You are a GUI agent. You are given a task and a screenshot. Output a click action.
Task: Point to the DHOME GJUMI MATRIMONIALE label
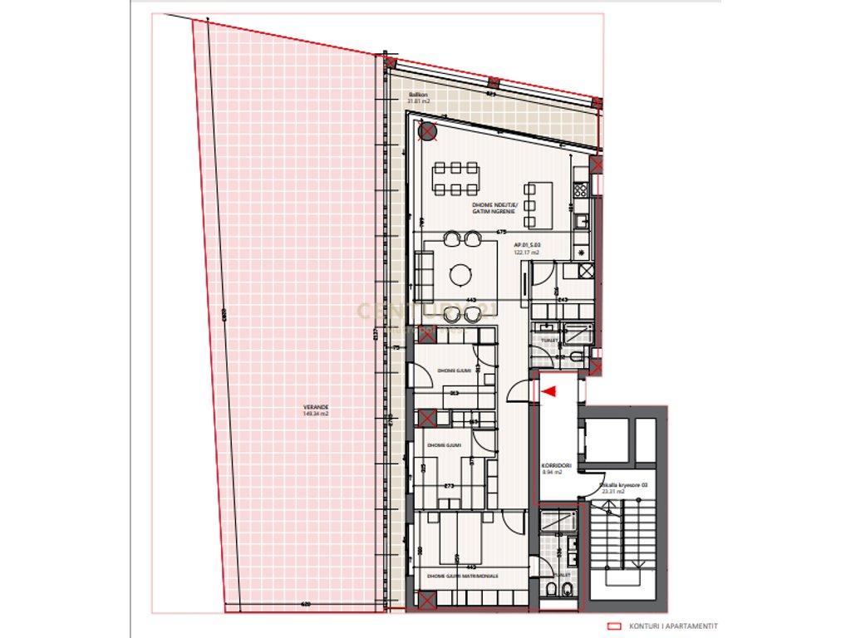462,575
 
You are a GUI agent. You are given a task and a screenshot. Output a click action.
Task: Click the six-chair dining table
455,177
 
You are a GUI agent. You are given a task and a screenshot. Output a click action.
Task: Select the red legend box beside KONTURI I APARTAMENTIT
616,627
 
